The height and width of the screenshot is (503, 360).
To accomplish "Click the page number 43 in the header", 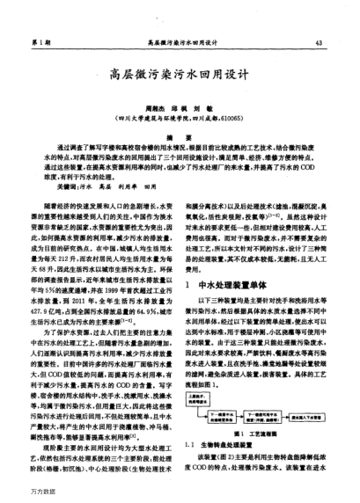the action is (328, 41).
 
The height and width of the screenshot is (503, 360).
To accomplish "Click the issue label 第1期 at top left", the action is (38, 41).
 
